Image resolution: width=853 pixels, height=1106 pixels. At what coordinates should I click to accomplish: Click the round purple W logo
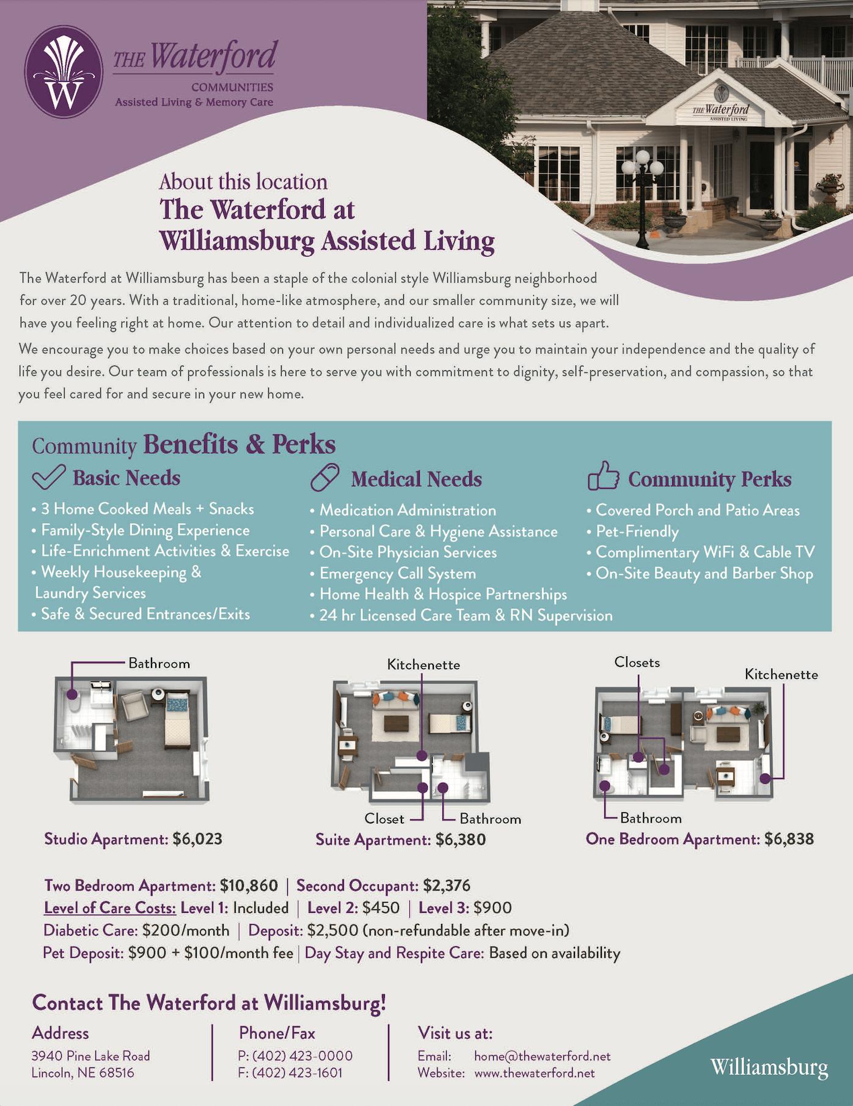[x=64, y=71]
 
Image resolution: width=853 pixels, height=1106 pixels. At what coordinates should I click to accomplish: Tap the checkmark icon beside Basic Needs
[x=49, y=477]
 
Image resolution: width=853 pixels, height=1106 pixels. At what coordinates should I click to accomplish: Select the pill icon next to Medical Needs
[x=325, y=477]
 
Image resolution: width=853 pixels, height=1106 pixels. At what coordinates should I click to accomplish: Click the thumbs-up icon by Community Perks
[x=603, y=476]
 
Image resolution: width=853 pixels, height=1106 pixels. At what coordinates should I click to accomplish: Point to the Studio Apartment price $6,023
[x=197, y=839]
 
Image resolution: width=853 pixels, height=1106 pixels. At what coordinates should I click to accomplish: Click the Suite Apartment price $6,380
[x=461, y=840]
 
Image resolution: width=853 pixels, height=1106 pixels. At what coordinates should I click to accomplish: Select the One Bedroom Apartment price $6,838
[x=789, y=839]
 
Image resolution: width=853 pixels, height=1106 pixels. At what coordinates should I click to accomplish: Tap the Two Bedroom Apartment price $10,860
[x=249, y=885]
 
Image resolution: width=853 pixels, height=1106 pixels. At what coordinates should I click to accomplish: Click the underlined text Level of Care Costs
[x=110, y=908]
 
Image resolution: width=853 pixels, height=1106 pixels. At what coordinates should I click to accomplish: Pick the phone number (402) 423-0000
[x=302, y=1056]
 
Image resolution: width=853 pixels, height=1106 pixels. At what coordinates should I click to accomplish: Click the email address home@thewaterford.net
[x=543, y=1056]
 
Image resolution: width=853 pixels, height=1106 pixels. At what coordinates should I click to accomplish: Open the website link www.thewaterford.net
[x=535, y=1073]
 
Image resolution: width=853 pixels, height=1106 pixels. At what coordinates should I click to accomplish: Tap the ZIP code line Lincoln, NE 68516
[x=82, y=1073]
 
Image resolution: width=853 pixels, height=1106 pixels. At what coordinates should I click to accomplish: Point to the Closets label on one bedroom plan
[x=637, y=662]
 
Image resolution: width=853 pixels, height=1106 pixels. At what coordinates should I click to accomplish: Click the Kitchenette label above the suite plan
[x=423, y=665]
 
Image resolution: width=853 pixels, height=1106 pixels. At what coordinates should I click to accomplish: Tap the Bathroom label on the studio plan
[x=159, y=664]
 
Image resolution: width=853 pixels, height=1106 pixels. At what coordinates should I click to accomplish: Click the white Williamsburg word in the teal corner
[x=769, y=1067]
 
